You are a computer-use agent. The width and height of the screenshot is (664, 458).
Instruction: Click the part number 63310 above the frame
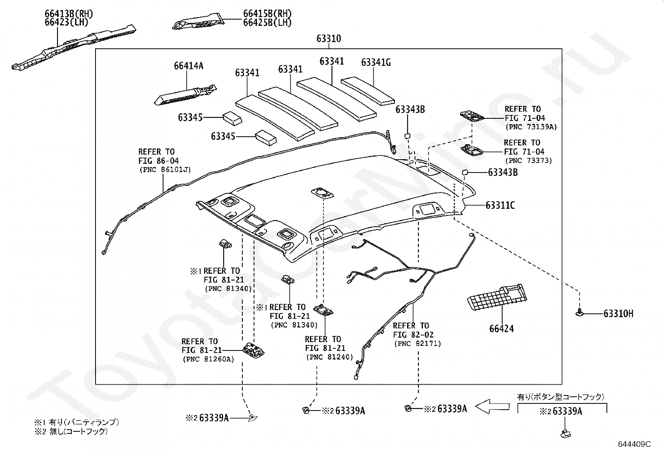(329, 38)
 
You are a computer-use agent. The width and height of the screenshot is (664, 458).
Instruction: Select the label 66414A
(189, 66)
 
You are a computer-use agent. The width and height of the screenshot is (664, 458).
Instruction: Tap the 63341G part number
(376, 63)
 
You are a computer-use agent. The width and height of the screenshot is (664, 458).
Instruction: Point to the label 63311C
(501, 205)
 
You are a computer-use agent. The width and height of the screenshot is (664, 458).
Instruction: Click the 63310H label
(619, 313)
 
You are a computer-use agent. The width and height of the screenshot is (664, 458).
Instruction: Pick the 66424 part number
(502, 328)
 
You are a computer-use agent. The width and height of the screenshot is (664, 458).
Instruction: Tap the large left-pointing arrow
(492, 406)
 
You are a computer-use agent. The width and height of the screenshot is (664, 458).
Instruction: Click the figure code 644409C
(634, 444)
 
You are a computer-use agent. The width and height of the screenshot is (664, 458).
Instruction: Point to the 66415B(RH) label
(267, 14)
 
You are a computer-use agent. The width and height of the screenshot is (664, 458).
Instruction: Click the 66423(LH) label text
(67, 22)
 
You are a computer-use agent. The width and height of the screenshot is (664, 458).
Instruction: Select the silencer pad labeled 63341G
(368, 91)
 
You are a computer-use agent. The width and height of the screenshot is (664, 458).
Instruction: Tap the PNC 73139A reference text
(531, 127)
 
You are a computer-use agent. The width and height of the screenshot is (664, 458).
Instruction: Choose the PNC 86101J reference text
(165, 170)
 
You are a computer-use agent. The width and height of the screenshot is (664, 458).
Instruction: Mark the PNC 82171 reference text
(418, 344)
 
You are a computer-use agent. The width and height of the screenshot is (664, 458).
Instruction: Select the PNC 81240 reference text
(329, 357)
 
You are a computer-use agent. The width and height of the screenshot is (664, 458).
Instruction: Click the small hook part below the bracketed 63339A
(566, 433)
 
